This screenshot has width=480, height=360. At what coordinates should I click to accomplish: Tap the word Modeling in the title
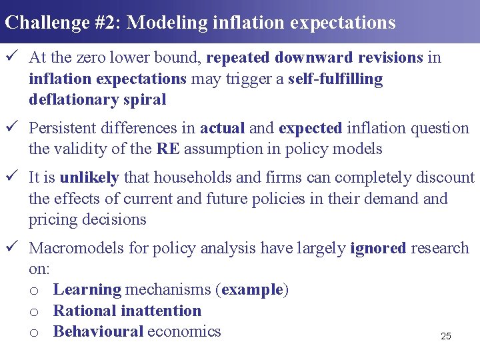166,23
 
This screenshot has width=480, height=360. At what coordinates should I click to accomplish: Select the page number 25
446,337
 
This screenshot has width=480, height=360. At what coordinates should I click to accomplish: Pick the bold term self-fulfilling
335,79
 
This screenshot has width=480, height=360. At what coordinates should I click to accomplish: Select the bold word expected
310,128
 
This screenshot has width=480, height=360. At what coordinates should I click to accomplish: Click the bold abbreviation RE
168,149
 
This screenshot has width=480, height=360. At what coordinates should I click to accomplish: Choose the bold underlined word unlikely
89,177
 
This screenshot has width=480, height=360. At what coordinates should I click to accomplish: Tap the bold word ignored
378,249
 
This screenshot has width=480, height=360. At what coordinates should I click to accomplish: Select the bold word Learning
87,290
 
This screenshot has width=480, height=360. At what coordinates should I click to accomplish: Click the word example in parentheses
252,290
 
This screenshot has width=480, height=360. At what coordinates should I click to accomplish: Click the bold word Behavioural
98,331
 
